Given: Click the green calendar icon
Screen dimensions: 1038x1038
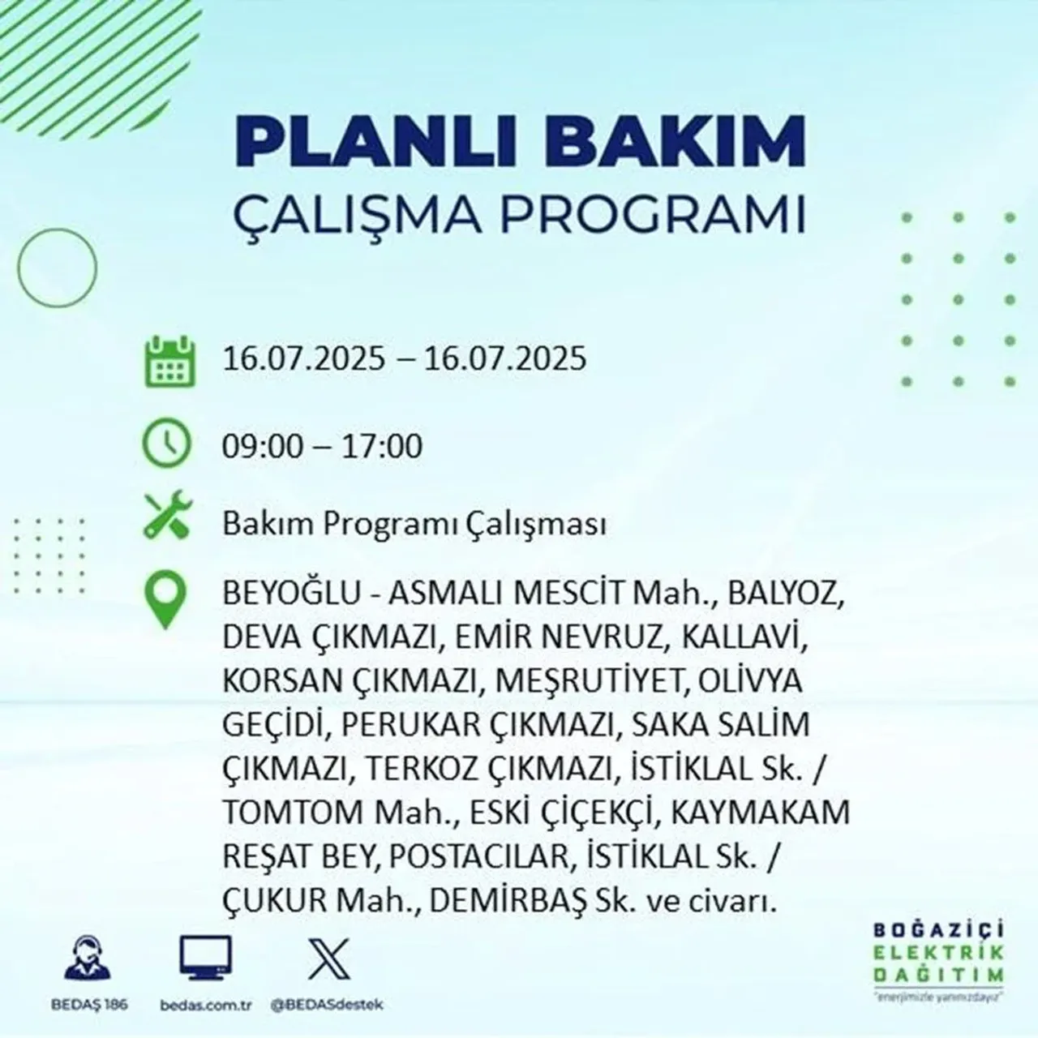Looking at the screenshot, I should (x=169, y=360).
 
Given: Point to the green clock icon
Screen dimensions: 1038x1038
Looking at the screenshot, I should (x=167, y=444).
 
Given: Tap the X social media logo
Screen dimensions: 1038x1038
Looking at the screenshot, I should (x=328, y=959).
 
